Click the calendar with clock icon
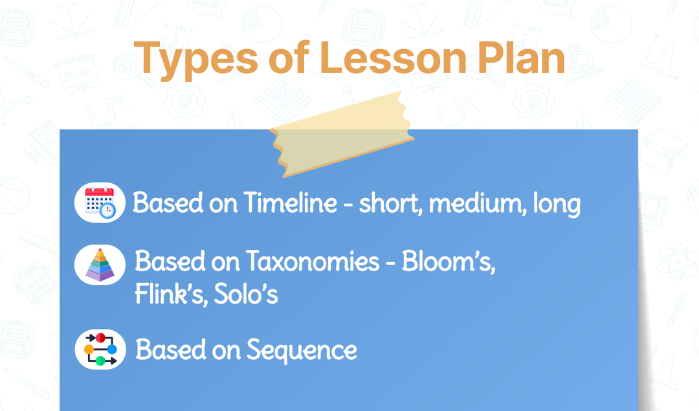(100, 203)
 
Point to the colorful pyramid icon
(100, 265)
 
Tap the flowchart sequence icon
(100, 350)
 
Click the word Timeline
(291, 203)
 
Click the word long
(556, 205)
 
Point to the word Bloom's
(449, 261)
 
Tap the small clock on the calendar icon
(107, 211)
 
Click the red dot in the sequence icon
(100, 338)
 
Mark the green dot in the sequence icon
(100, 361)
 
